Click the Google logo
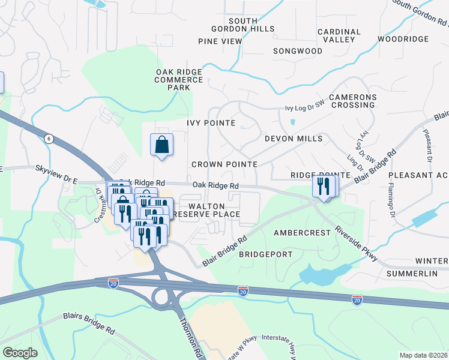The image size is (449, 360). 20,353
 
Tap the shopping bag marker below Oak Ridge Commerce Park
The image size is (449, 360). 161,145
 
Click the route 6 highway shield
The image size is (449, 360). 49,139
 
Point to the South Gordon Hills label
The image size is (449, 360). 243,25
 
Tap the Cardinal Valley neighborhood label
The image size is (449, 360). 339,35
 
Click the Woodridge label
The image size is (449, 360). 403,39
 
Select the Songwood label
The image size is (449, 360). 298,51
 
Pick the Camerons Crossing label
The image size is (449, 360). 352,101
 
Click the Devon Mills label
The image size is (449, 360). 294,139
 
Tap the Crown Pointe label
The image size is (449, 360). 224,164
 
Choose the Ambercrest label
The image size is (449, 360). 302,232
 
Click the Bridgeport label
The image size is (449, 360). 266,254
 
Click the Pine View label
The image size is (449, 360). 220,41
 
